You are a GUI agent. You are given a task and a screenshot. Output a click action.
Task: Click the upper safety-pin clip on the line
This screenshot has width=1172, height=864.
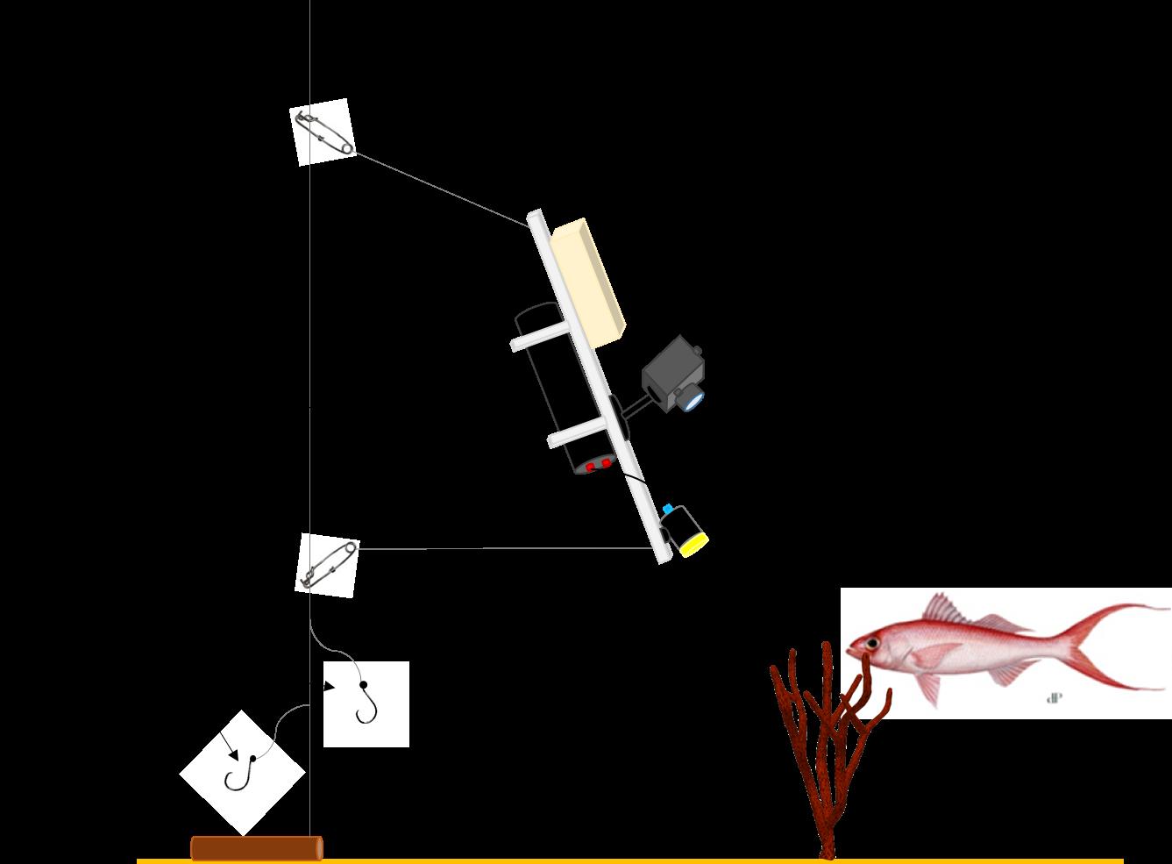[323, 132]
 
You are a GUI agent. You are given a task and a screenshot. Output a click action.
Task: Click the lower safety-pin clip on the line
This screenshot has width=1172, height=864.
[327, 565]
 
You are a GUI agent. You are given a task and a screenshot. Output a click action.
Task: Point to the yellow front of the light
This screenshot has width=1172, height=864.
[694, 545]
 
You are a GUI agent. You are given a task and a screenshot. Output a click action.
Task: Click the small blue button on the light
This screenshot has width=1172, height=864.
[668, 509]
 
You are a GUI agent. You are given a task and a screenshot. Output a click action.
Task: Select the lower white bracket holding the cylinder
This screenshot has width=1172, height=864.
[579, 433]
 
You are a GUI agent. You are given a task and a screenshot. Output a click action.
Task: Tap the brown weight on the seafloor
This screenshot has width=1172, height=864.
[256, 848]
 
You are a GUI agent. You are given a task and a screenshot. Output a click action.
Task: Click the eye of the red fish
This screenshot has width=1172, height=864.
[873, 644]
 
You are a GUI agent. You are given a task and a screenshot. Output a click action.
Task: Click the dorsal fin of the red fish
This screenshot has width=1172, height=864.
[947, 610]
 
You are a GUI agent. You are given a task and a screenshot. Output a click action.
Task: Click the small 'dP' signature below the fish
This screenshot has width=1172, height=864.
[1055, 698]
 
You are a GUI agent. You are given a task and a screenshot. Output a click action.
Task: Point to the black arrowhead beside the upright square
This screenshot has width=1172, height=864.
[330, 687]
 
